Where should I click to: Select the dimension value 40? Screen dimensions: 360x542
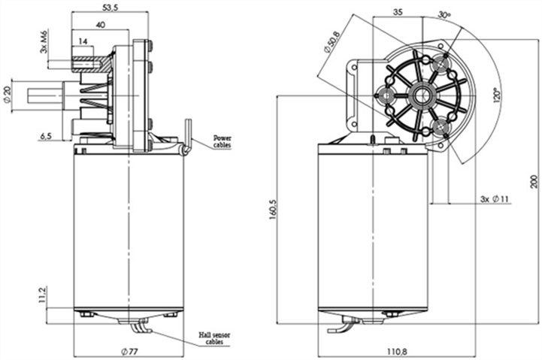100,25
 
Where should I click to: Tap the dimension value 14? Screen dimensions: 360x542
83,41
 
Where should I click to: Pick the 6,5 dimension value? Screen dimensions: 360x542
45,136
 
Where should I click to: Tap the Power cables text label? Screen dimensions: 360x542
223,141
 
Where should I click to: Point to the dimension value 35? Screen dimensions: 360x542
398,12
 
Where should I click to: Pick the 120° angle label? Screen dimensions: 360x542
497,98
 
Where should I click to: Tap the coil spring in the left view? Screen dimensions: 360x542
98,101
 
